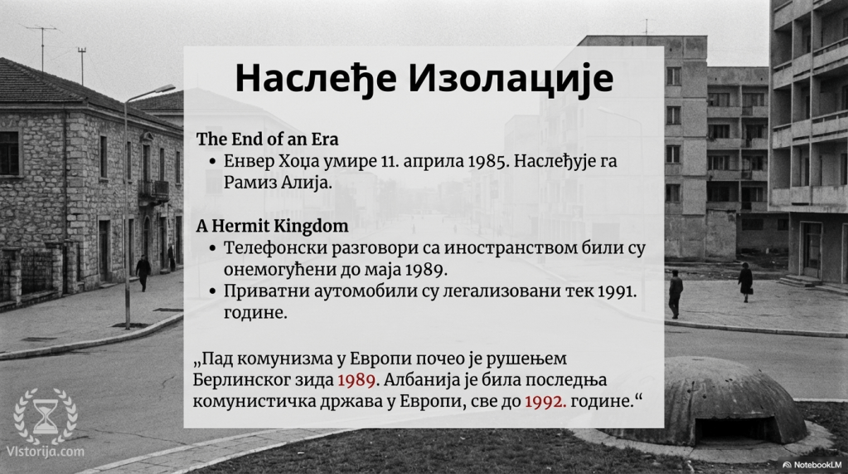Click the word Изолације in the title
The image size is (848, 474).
511,79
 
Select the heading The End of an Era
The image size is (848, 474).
267,139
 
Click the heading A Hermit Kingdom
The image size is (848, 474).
272,225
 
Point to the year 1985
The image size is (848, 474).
488,161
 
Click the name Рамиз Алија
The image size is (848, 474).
278,183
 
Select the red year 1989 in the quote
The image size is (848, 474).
356,380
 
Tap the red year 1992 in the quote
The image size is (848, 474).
545,402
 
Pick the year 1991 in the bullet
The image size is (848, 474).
617,291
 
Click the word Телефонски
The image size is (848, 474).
275,248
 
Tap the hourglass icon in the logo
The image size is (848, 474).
46,417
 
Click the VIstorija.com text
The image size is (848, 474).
46,452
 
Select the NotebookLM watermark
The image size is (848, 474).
812,465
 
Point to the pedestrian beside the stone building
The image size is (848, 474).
143,272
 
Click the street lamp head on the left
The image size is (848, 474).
162,89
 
